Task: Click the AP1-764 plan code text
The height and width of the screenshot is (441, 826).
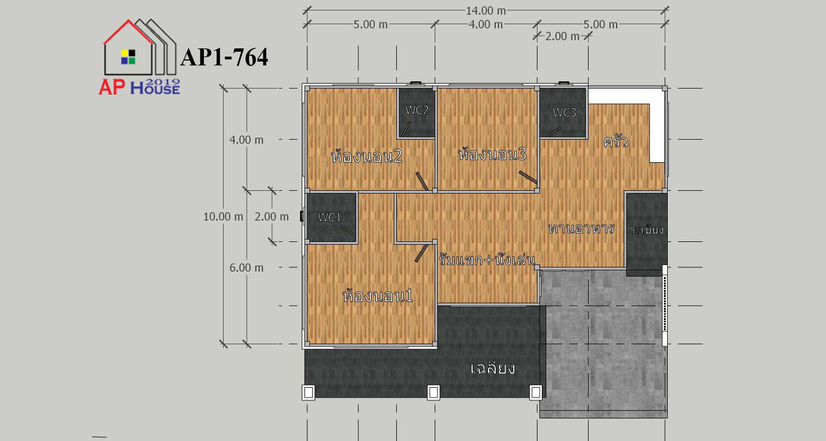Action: tap(224, 58)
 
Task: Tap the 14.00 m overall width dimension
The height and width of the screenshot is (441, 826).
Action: tap(486, 10)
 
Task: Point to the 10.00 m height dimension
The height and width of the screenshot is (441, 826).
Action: tap(223, 217)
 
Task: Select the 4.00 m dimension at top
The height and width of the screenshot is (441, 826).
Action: tap(486, 25)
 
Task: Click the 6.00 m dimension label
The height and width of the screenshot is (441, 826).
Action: tap(246, 268)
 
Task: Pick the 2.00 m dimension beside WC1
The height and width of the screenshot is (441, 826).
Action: tap(271, 217)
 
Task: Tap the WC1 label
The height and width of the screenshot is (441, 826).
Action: tap(329, 217)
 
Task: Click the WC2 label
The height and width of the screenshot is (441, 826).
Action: tap(417, 110)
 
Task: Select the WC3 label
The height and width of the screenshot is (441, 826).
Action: tap(564, 113)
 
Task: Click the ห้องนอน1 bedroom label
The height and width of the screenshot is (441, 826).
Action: tap(378, 296)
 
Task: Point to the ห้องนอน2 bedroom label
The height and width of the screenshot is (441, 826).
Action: tap(367, 156)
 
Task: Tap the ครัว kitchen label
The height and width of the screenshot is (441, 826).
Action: tap(616, 141)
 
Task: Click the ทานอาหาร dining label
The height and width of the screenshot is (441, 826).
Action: tap(581, 229)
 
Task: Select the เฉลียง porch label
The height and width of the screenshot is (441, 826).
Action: tap(492, 368)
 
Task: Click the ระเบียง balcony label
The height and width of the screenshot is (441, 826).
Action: tap(647, 230)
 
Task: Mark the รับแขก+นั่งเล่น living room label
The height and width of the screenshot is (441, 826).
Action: tap(487, 259)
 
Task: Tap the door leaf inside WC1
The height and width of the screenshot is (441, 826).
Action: tap(348, 231)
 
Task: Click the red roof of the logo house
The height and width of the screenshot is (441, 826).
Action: tap(128, 32)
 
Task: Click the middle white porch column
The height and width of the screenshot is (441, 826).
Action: tap(434, 393)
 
